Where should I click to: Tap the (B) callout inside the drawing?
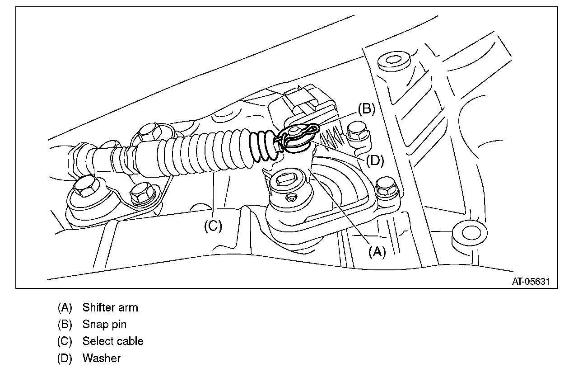pyautogui.click(x=366, y=109)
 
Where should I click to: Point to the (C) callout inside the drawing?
pyautogui.click(x=213, y=226)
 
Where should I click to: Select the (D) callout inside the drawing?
pyautogui.click(x=374, y=160)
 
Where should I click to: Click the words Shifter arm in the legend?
pyautogui.click(x=110, y=308)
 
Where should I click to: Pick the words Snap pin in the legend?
pyautogui.click(x=104, y=325)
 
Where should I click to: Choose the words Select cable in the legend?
pyautogui.click(x=113, y=341)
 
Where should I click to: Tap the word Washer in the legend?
pyautogui.click(x=101, y=358)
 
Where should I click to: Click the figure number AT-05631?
pyautogui.click(x=531, y=281)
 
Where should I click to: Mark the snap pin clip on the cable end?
pyautogui.click(x=298, y=136)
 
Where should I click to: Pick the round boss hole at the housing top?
pyautogui.click(x=391, y=61)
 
